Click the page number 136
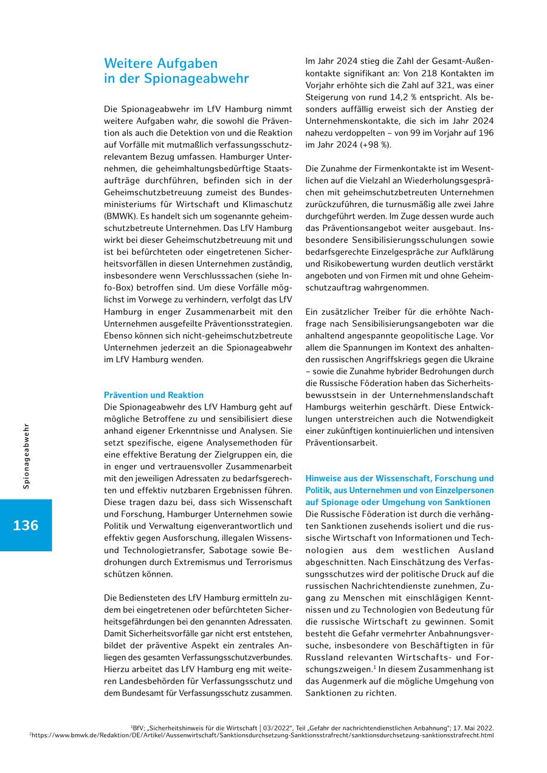point(26,525)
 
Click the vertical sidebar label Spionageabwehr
point(26,456)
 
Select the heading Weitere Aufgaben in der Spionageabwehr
point(176,70)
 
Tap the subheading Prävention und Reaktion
point(154,395)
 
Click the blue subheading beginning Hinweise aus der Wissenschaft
point(399,490)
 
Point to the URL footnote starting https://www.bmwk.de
point(261,735)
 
